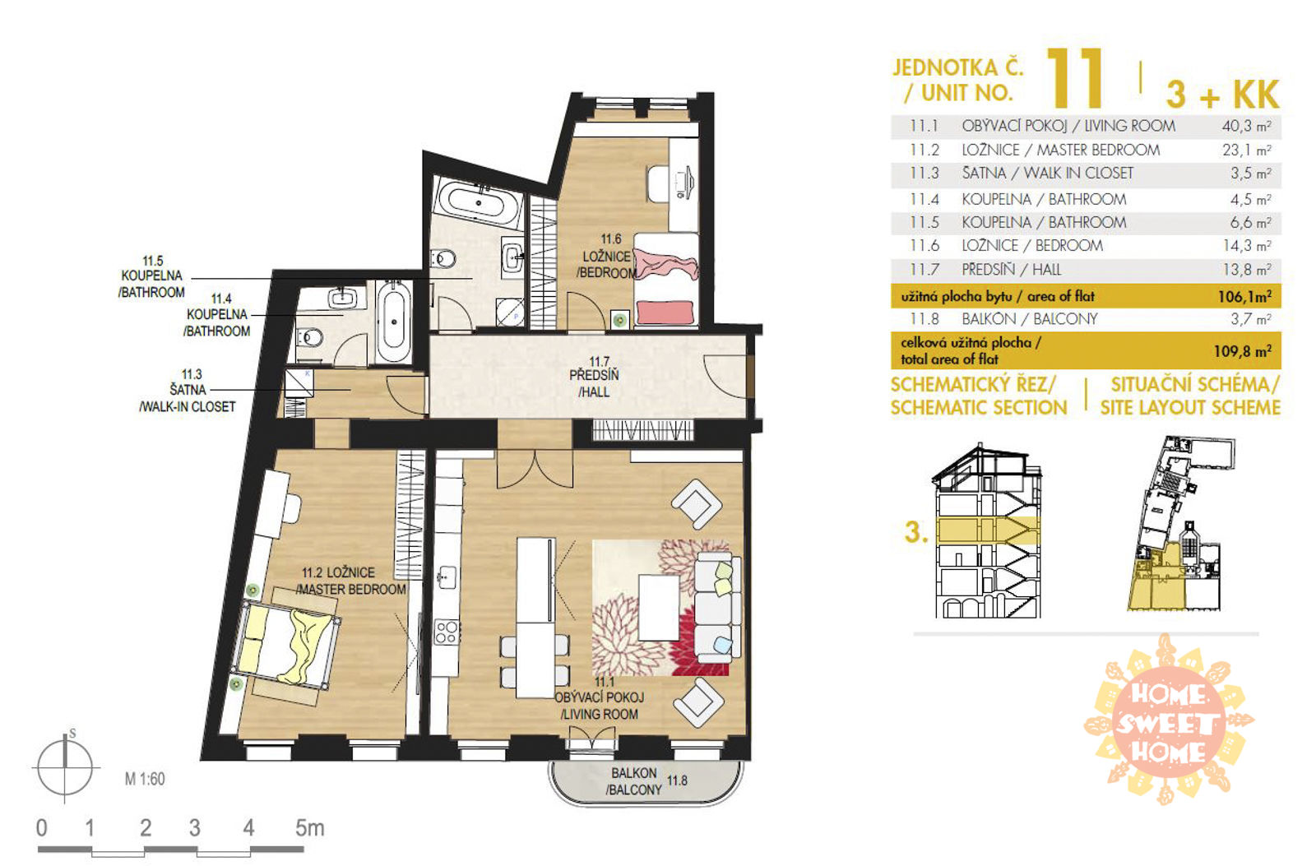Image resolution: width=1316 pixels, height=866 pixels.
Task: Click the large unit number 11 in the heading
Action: point(1074,79)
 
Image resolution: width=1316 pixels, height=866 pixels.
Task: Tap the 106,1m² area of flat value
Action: point(1244,296)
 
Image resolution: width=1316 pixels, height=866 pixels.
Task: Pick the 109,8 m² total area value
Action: point(1243,350)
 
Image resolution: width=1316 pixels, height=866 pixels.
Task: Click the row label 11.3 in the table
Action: point(924,174)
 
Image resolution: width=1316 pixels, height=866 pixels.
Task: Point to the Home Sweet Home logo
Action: point(1169,720)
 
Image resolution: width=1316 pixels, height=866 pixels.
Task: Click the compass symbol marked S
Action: point(65,766)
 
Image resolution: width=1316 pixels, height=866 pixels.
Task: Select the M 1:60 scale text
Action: point(145,779)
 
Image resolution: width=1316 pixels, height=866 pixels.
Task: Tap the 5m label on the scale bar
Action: point(309,828)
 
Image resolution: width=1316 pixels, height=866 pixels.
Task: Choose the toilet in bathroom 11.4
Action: point(309,338)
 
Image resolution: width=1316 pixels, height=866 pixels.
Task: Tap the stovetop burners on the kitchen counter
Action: point(446,632)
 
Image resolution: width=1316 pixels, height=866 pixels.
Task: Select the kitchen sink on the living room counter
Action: point(447,577)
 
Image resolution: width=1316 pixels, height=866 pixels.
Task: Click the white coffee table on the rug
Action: point(659,607)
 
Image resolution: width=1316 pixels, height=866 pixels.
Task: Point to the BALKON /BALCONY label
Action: point(633,781)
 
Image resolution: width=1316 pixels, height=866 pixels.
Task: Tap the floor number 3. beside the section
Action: point(916,532)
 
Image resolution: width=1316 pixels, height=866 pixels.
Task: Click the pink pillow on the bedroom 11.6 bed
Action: point(665,312)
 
